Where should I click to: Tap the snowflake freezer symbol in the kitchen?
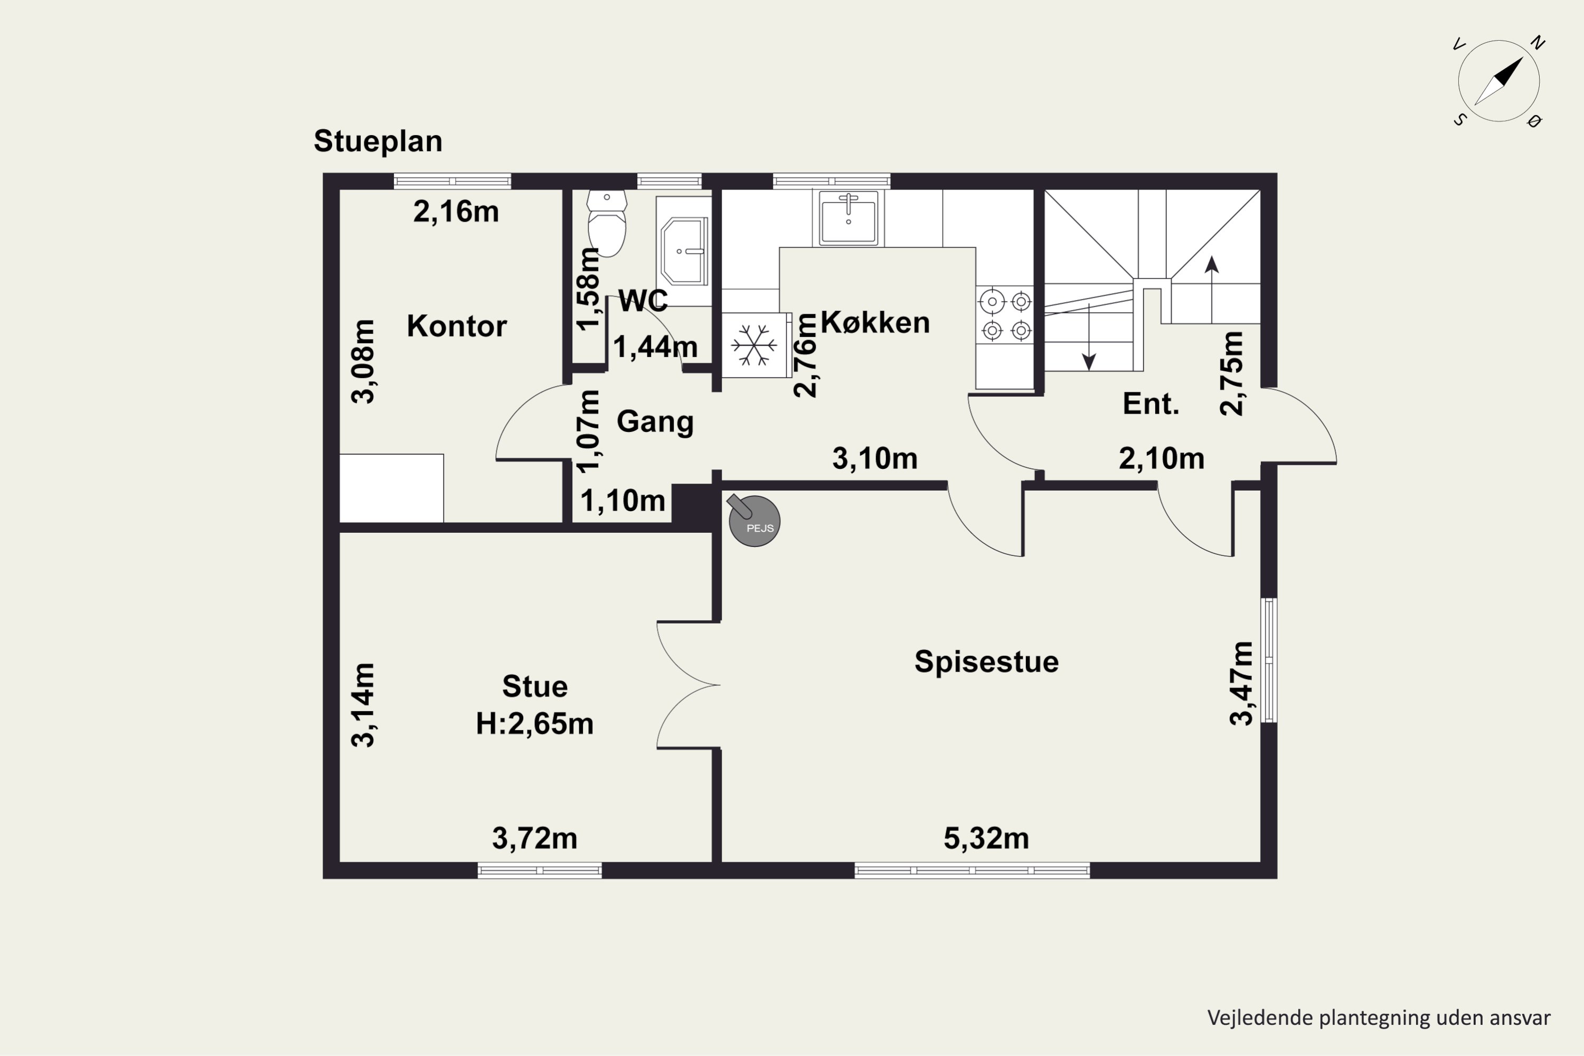[755, 345]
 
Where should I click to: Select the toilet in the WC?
[607, 223]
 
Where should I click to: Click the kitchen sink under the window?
[848, 218]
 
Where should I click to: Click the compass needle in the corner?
[1499, 81]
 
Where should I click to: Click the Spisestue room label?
[986, 662]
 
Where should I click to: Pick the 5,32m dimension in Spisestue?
[986, 838]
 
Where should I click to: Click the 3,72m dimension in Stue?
[535, 838]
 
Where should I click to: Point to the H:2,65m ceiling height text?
[535, 724]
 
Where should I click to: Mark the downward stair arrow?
[1089, 337]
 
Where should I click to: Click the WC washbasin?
[684, 250]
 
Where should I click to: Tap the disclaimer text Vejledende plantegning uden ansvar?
[1379, 1017]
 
